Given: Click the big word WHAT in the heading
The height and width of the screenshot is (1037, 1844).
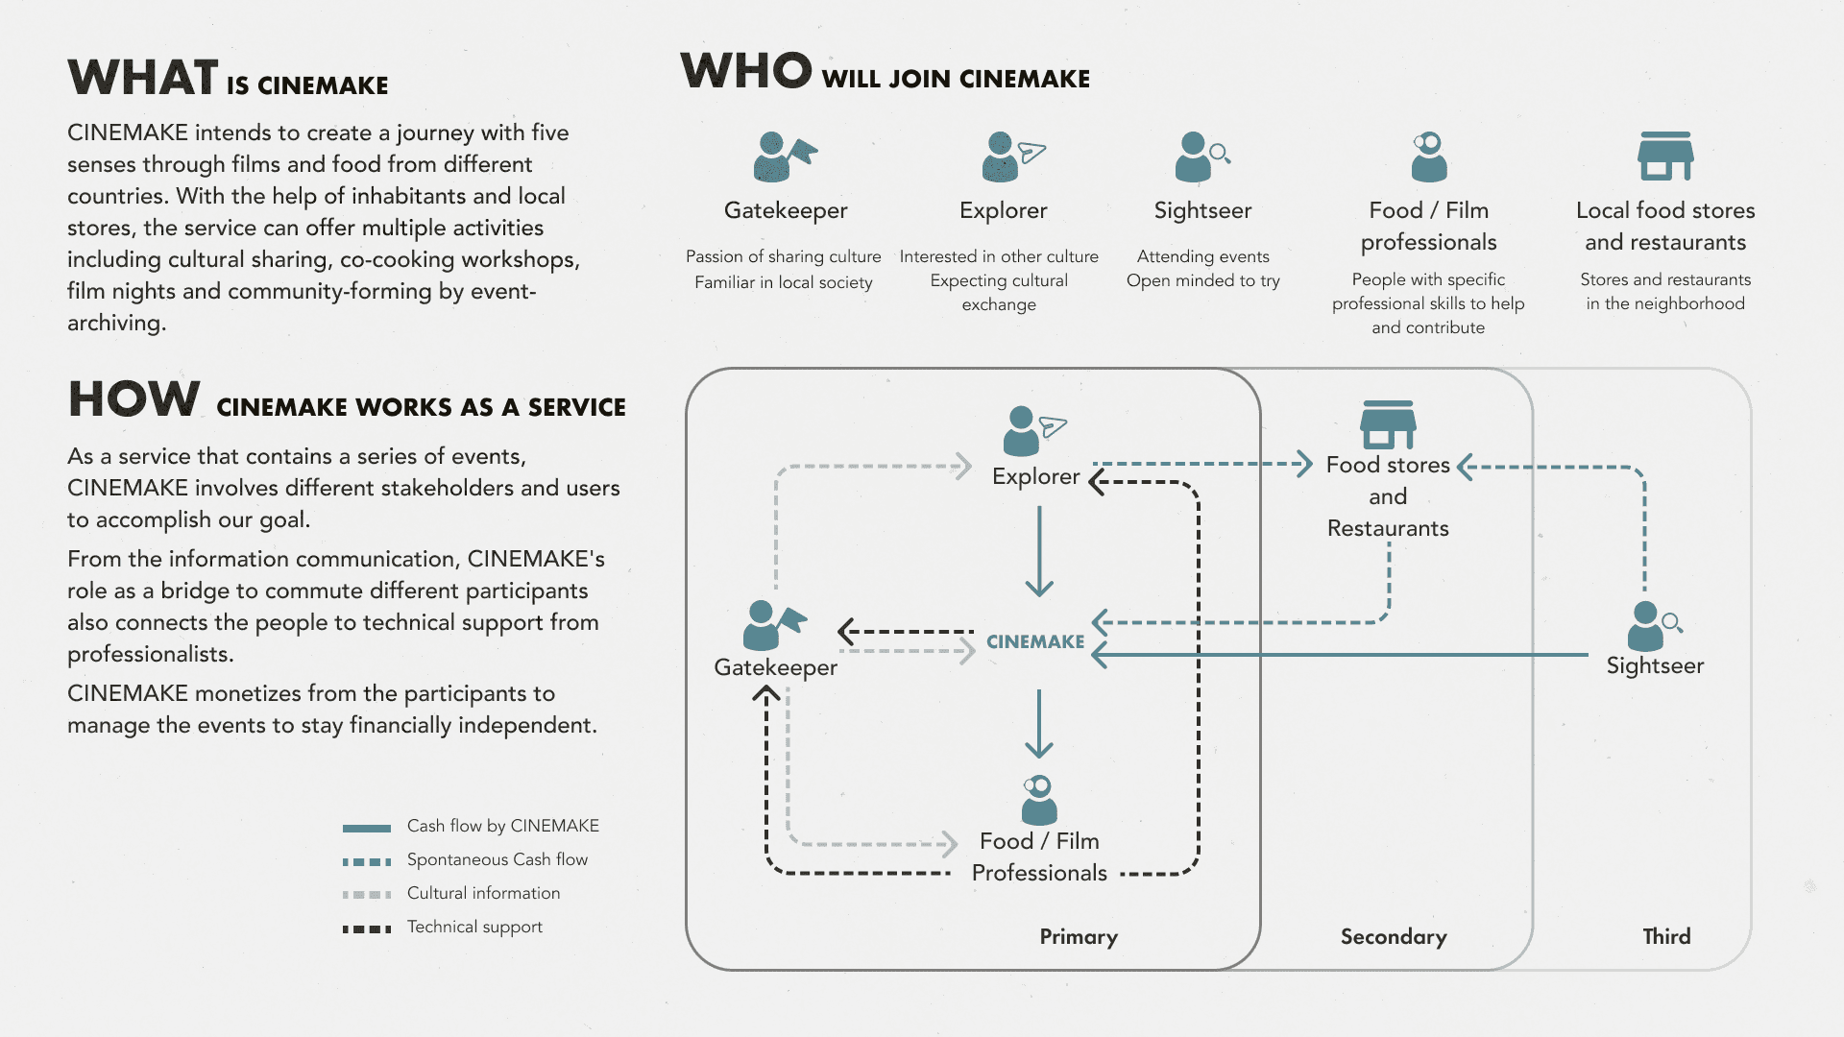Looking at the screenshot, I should click(x=143, y=78).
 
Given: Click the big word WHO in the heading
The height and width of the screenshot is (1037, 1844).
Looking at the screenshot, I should click(x=746, y=71).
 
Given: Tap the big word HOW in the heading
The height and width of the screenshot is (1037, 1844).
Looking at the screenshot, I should click(x=134, y=399).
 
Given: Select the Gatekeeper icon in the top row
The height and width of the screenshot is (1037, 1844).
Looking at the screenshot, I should click(x=785, y=157).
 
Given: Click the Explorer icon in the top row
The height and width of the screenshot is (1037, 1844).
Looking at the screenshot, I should click(x=1012, y=157).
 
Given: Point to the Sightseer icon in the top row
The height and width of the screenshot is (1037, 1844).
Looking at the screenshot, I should click(x=1201, y=157).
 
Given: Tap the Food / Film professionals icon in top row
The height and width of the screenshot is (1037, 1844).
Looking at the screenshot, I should click(x=1429, y=157).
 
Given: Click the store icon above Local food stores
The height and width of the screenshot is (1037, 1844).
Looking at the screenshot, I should click(x=1665, y=157).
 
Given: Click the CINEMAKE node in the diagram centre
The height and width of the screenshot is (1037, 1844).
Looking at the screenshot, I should click(x=1035, y=641).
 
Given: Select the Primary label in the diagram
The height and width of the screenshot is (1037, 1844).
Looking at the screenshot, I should click(x=1079, y=936).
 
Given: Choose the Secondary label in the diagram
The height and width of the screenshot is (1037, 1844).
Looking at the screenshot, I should click(x=1394, y=936).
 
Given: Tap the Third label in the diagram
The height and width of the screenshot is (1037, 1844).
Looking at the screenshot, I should click(x=1666, y=936).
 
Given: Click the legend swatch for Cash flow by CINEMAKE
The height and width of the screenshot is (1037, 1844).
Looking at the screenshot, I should click(x=367, y=828).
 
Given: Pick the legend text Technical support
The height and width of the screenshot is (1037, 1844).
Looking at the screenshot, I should click(x=474, y=927).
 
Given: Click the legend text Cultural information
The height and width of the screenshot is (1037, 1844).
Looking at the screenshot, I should click(x=483, y=893).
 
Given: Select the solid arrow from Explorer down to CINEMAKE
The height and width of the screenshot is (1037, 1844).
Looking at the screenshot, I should click(x=1039, y=551).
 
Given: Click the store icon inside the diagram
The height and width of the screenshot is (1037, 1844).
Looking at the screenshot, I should click(x=1388, y=424).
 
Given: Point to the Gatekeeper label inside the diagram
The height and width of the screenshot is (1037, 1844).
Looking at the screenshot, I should click(x=775, y=667).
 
